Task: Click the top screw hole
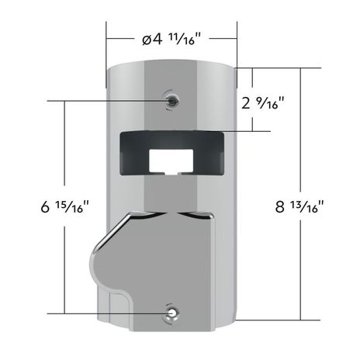pyautogui.click(x=170, y=100)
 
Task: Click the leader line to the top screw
pyautogui.click(x=109, y=100)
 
